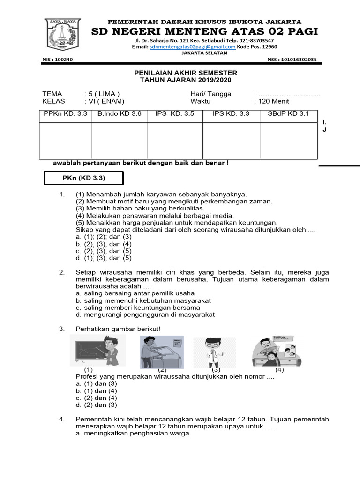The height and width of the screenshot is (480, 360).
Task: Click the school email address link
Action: pyautogui.click(x=192, y=47)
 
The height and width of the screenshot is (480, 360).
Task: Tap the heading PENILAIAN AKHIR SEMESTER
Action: pyautogui.click(x=186, y=73)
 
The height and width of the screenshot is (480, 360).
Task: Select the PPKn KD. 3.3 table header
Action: pyautogui.click(x=65, y=114)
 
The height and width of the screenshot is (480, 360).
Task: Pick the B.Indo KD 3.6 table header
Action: pyautogui.click(x=119, y=114)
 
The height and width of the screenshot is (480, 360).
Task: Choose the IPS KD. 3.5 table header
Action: pyautogui.click(x=175, y=114)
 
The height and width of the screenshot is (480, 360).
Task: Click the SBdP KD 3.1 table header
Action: pyautogui.click(x=288, y=114)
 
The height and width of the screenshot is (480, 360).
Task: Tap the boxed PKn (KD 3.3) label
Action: pyautogui.click(x=83, y=178)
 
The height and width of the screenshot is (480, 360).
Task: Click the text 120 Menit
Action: pyautogui.click(x=271, y=101)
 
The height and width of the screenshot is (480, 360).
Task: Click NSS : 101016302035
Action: pyautogui.click(x=292, y=60)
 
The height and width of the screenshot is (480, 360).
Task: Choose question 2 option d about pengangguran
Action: pyautogui.click(x=145, y=315)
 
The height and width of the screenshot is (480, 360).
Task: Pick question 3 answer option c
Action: pyautogui.click(x=96, y=397)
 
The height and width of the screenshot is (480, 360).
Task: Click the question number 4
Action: pyautogui.click(x=61, y=419)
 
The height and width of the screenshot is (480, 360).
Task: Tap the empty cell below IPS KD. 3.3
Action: pyautogui.click(x=231, y=141)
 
